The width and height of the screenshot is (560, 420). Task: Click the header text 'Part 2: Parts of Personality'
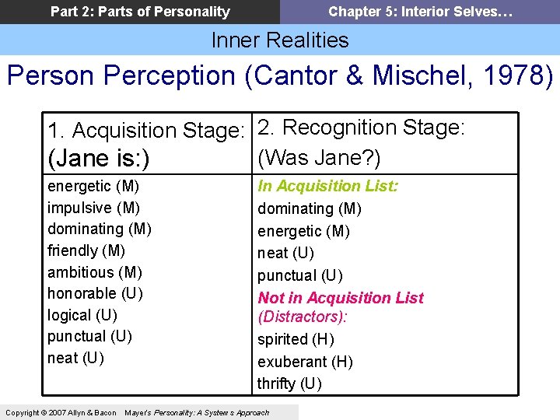coord(140,12)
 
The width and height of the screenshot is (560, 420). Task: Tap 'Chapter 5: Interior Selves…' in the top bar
coord(420,12)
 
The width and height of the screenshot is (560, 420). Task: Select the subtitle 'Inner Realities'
coord(280,40)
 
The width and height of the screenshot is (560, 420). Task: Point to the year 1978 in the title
coord(516,76)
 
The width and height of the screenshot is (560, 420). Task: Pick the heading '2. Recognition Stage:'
coord(361,128)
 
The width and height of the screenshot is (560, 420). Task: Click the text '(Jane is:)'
coord(97,159)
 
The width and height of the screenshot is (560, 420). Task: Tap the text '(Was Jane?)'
coord(319,158)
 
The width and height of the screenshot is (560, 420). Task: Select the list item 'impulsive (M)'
coord(94,208)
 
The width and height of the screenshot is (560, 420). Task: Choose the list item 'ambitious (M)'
coord(95,272)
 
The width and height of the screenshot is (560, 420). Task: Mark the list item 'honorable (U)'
coord(95,293)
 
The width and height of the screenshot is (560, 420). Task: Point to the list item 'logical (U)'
coord(82,315)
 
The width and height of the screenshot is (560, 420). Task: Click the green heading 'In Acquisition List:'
coord(328,186)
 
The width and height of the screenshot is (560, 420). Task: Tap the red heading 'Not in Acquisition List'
coord(341,298)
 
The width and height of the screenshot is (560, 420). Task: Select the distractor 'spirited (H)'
coord(296,339)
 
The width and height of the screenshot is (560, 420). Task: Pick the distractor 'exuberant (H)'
coord(305,362)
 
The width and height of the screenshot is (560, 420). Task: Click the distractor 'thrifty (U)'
coord(289,383)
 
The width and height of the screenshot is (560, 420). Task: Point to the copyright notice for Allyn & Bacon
coord(61,412)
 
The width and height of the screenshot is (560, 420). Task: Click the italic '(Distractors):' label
coord(302,317)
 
